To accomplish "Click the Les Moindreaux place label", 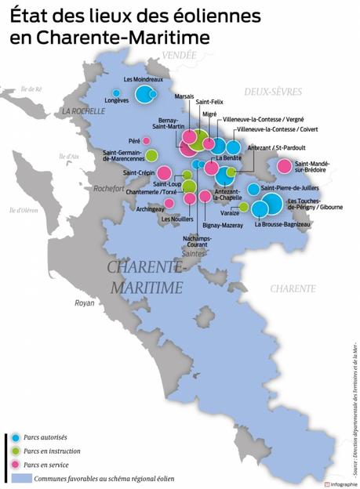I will (143, 79).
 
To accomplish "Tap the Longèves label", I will (117, 101).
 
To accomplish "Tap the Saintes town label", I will (192, 254).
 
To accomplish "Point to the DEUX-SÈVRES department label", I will (273, 92).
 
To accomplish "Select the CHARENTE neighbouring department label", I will (293, 288).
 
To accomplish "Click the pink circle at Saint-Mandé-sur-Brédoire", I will (285, 166).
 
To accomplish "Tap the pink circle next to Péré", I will (146, 141).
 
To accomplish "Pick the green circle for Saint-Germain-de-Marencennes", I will (151, 155).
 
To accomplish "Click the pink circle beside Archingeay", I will (169, 203).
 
